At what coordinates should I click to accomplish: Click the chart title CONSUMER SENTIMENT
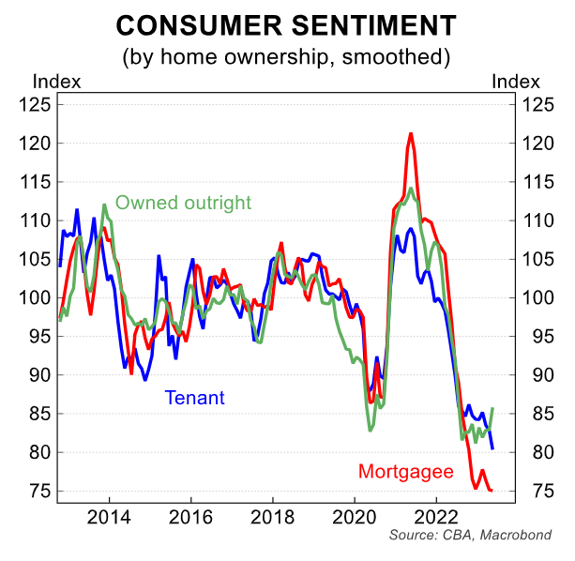(287, 25)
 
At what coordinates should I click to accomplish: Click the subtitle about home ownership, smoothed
(287, 56)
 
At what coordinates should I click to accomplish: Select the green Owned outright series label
(183, 203)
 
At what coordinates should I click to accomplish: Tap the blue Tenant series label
(195, 398)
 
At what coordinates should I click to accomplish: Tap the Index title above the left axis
(56, 81)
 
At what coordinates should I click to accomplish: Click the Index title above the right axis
(515, 81)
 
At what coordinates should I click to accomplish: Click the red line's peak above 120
(410, 134)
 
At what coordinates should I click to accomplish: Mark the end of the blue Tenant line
(492, 448)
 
